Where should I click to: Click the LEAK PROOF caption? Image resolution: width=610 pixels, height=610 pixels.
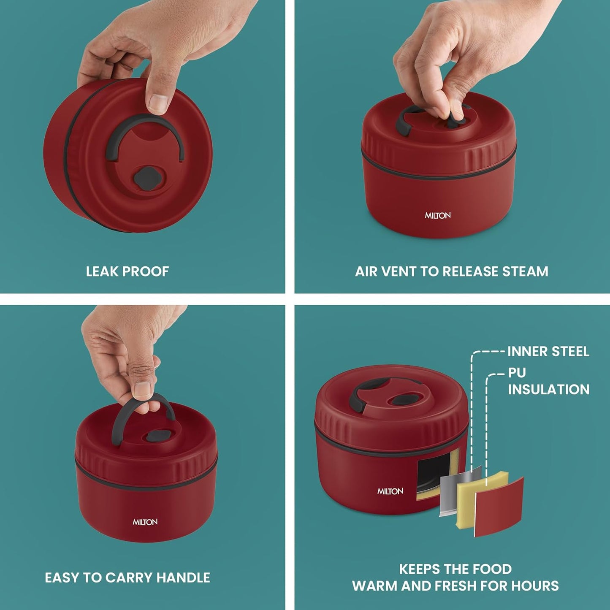127,271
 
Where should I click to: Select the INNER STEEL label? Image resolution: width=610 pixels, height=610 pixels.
548,351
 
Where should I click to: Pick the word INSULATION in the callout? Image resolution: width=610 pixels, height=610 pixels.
548,389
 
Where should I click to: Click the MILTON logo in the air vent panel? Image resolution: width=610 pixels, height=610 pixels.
438,215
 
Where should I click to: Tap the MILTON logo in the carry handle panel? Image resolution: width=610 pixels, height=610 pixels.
145,522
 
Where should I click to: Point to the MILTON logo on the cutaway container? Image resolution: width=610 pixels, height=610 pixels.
390,491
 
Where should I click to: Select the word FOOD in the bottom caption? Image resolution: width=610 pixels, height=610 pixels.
492,569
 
